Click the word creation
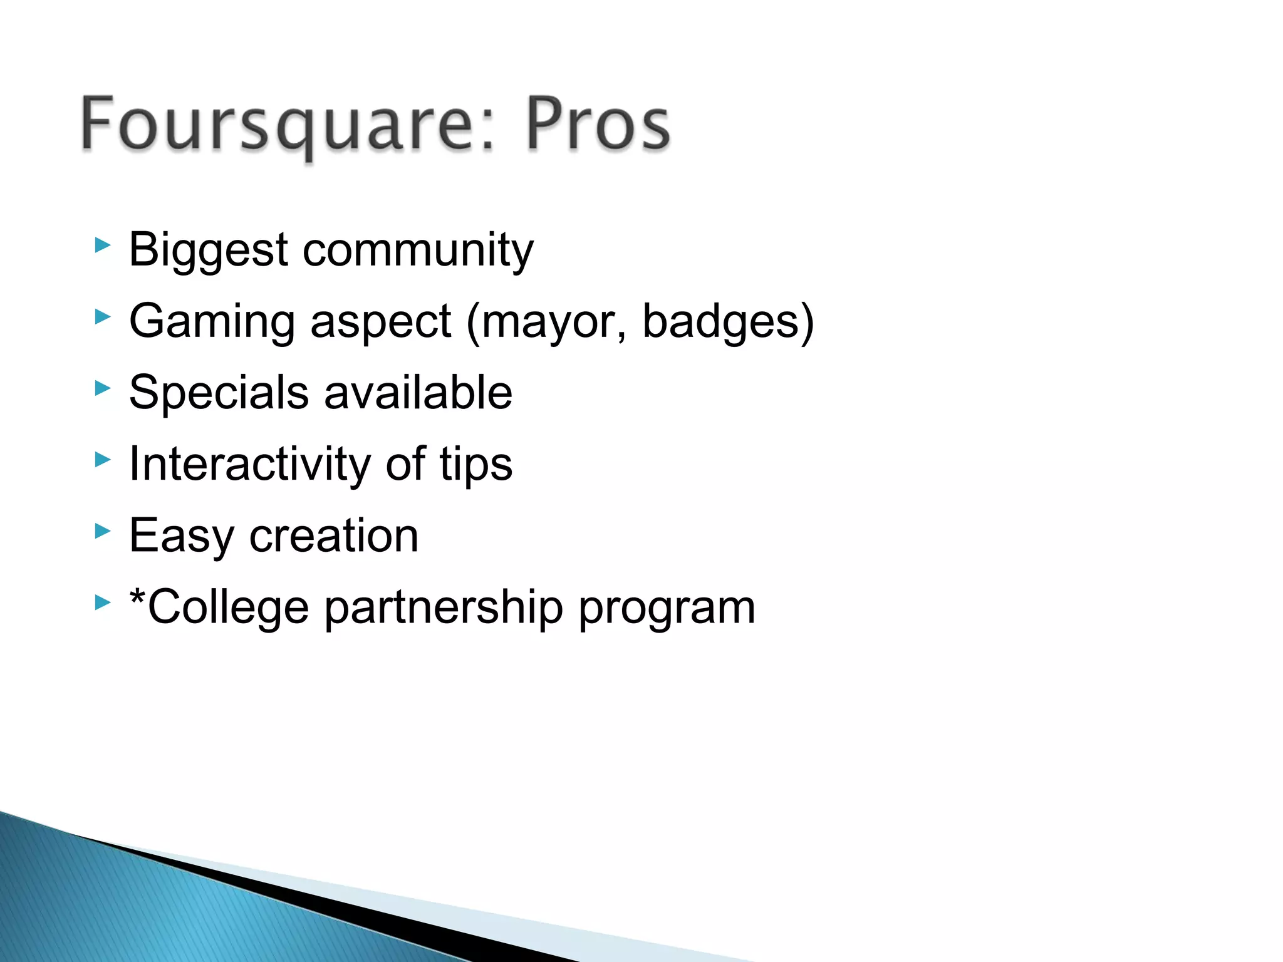pos(333,536)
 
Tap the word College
pos(228,608)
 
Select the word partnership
pos(443,608)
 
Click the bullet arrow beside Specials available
pos(102,388)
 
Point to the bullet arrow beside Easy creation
pos(102,531)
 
